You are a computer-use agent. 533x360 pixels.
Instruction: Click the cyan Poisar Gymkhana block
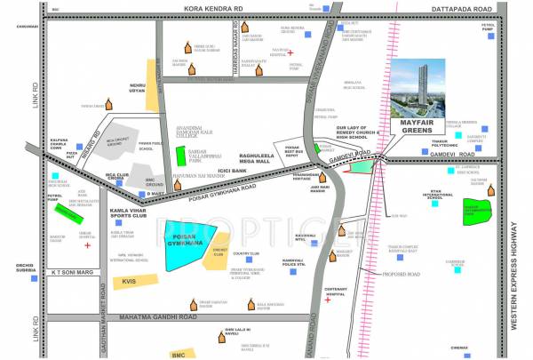pos(190,245)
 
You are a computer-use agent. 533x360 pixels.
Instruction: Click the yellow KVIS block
pos(129,283)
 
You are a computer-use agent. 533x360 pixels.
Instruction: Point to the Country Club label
pos(245,253)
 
